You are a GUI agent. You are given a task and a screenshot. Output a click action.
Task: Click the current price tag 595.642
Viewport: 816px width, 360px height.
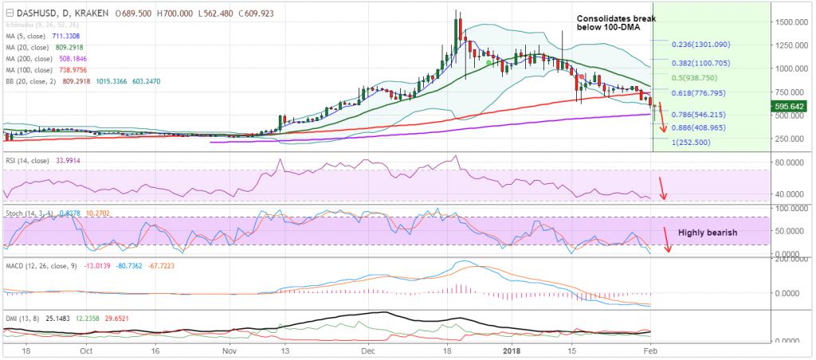click(793, 105)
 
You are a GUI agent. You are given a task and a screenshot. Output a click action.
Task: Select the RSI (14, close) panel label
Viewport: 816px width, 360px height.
click(29, 162)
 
